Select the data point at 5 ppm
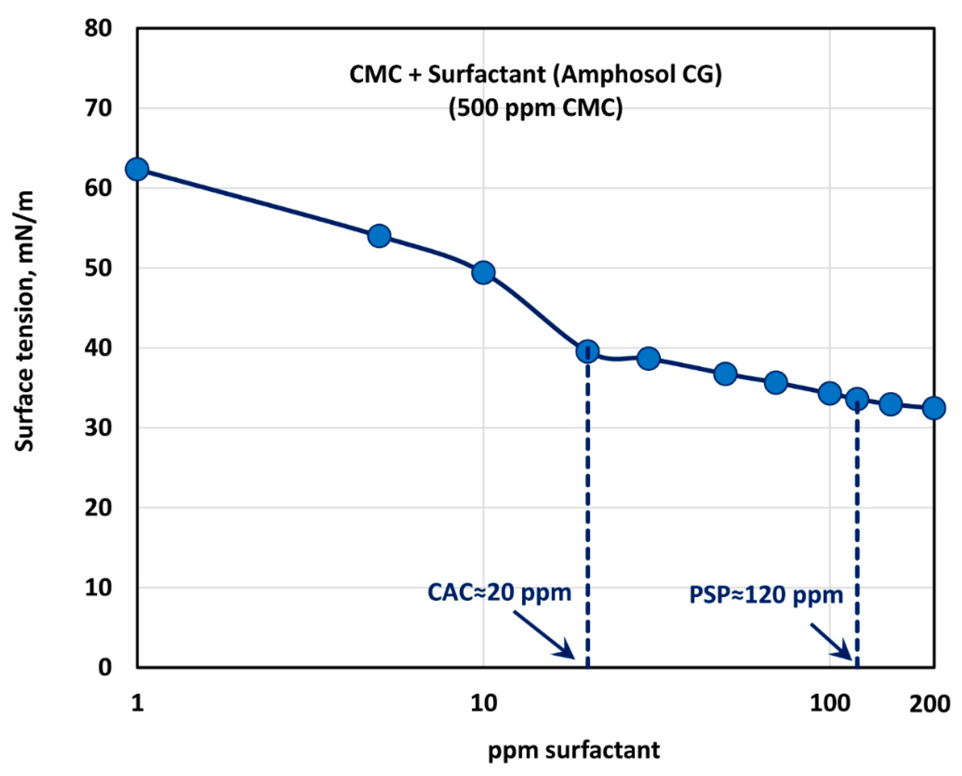(379, 236)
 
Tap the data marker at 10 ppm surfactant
(483, 273)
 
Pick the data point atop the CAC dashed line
(587, 352)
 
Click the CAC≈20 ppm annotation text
(499, 593)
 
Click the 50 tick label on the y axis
(98, 268)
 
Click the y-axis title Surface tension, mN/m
(25, 321)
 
